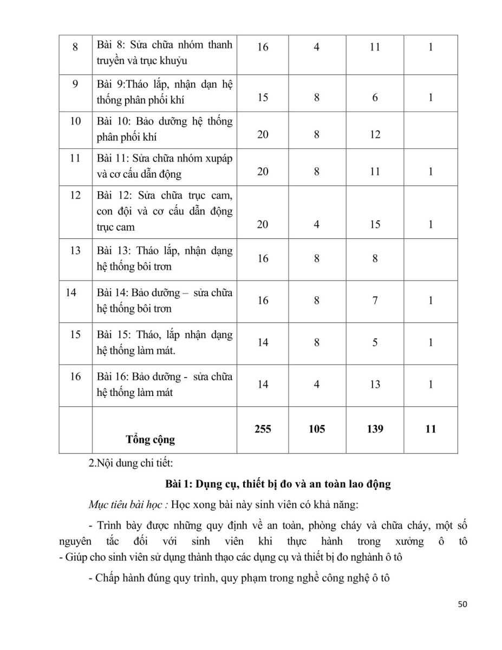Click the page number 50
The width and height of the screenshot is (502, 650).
[x=462, y=604]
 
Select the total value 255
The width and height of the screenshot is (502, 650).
[x=263, y=429]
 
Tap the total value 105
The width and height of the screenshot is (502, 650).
[x=317, y=429]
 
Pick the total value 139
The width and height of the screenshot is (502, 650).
[x=375, y=429]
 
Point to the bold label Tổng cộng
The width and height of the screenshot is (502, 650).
[x=151, y=439]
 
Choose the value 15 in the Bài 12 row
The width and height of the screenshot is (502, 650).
[x=375, y=224]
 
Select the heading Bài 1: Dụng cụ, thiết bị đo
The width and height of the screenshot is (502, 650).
[x=278, y=484]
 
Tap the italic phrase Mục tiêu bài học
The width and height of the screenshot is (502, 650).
[x=128, y=505]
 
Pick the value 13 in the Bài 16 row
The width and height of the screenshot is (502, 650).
[x=375, y=384]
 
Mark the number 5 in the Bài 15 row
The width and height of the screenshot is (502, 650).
[x=375, y=342]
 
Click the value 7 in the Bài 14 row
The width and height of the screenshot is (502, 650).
[x=375, y=300]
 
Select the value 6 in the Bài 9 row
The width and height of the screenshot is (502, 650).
[x=375, y=98]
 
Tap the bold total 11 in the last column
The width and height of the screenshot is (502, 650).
[x=431, y=429]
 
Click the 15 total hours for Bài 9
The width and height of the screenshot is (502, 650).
[x=263, y=98]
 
